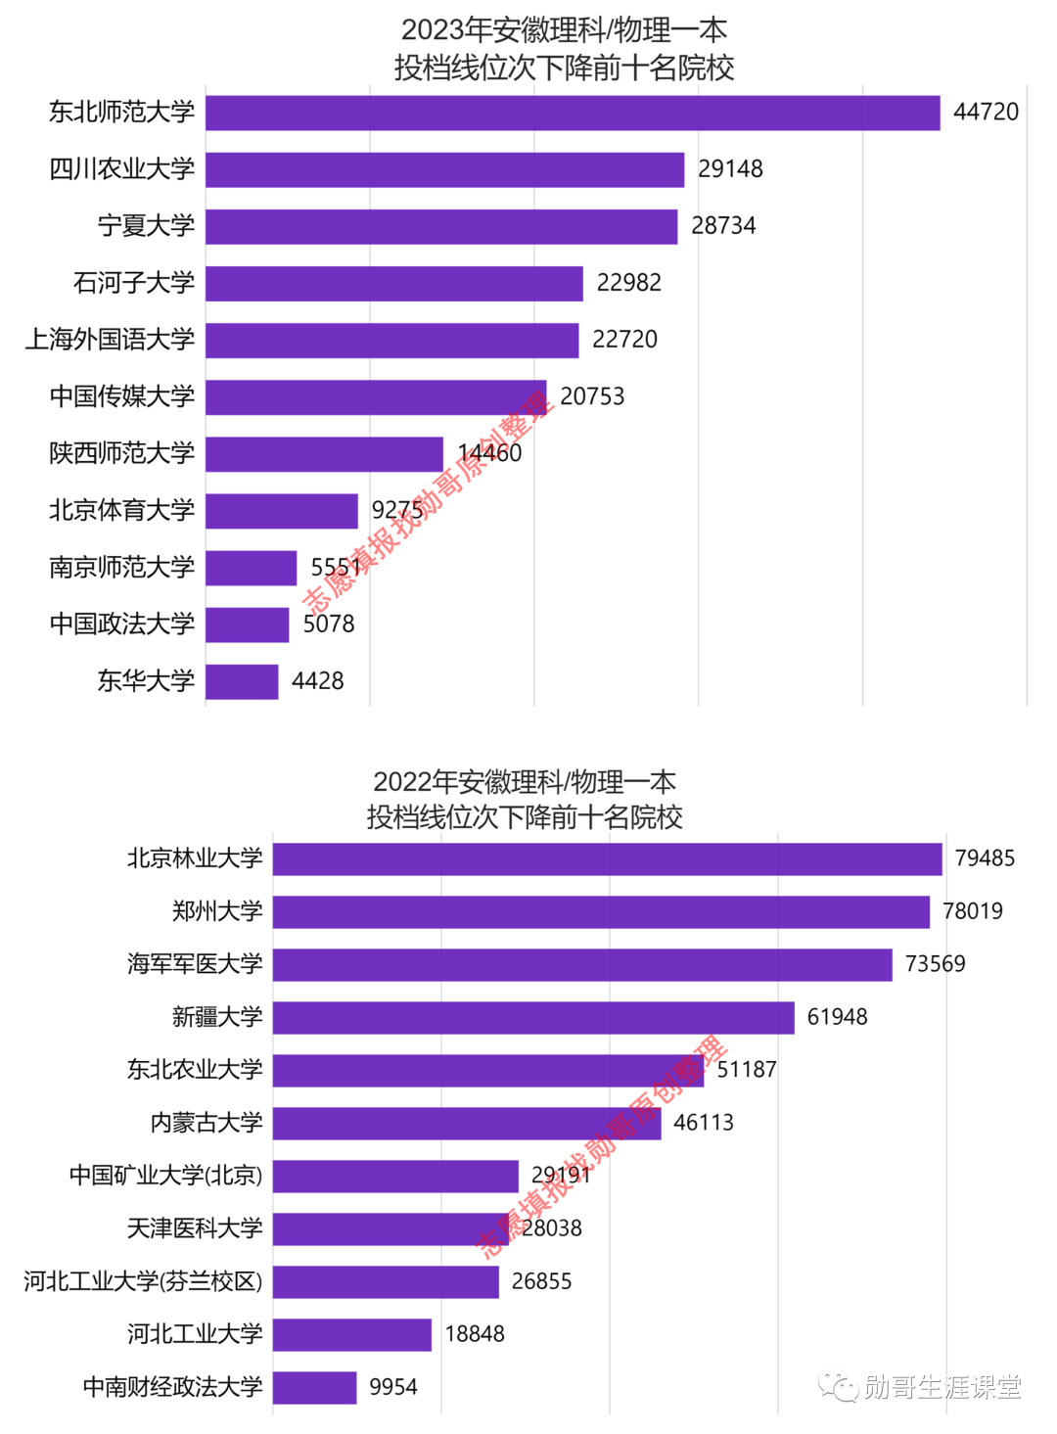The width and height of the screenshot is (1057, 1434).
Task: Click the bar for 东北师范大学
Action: [x=573, y=113]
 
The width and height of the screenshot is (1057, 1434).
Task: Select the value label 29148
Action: [x=730, y=169]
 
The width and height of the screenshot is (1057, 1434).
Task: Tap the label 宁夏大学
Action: [x=147, y=226]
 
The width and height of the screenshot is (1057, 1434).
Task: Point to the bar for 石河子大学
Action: [x=394, y=283]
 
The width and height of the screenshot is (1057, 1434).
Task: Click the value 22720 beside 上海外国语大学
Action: [x=624, y=340]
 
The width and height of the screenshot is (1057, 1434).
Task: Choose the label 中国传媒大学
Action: [x=122, y=396]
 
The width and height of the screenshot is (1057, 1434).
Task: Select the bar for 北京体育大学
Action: [x=282, y=511]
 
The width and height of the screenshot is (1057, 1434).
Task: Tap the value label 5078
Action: [x=329, y=624]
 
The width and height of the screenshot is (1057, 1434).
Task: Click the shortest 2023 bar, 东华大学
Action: [x=242, y=681]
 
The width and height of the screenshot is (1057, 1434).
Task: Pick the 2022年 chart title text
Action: [x=525, y=799]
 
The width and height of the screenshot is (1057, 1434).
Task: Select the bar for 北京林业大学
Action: [x=607, y=859]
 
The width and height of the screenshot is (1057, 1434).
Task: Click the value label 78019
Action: [x=972, y=911]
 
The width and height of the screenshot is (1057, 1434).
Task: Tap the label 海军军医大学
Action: [x=195, y=964]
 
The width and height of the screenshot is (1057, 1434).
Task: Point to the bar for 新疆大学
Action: [x=533, y=1018]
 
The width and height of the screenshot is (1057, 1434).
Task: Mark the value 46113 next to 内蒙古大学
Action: [x=703, y=1123]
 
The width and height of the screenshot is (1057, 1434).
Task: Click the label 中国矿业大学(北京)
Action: [x=166, y=1176]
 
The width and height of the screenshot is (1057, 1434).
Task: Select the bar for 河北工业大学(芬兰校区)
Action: [x=386, y=1281]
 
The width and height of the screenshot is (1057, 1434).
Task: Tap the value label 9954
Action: [x=392, y=1387]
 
